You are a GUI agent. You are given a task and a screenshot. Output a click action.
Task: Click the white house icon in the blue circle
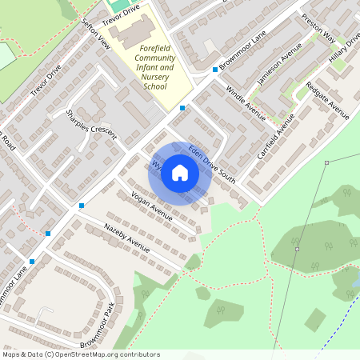tap(180, 173)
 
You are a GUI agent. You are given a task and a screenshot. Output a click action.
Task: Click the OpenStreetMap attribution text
tap(80, 354)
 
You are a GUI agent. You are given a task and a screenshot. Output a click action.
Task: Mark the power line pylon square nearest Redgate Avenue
tap(326, 163)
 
